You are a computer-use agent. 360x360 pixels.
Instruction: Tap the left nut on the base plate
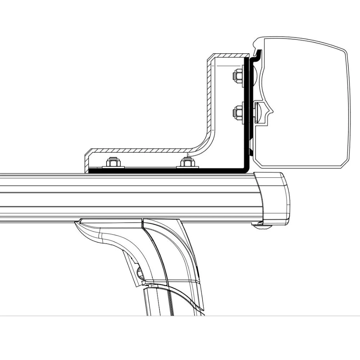(113, 163)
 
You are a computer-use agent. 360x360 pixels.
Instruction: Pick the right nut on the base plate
(186, 163)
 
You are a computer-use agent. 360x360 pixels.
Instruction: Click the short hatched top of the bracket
(227, 56)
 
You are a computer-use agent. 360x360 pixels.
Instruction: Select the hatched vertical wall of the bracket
(208, 97)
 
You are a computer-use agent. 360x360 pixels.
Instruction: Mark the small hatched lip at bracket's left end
(86, 162)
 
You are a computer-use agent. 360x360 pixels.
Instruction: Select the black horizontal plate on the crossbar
(162, 171)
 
